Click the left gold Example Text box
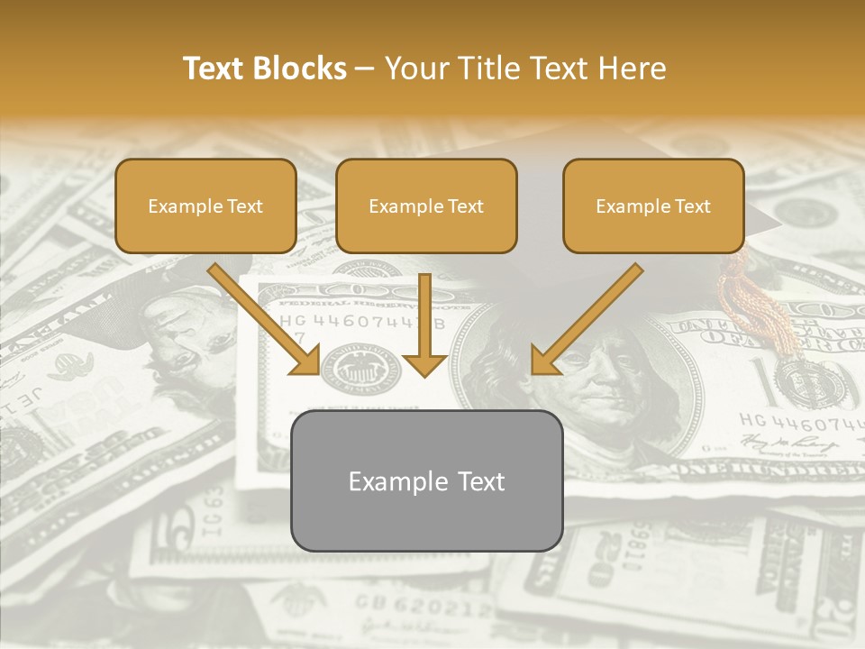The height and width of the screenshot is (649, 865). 205,206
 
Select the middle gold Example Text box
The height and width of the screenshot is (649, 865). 426,206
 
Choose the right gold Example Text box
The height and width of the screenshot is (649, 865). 653,206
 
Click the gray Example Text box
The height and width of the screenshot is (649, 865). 426,480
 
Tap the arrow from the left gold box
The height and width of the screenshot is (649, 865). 266,320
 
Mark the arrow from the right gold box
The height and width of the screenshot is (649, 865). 586,320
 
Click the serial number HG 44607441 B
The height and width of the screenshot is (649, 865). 360,323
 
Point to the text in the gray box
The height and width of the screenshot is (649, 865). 426,480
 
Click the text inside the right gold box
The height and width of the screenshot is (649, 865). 653,206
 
